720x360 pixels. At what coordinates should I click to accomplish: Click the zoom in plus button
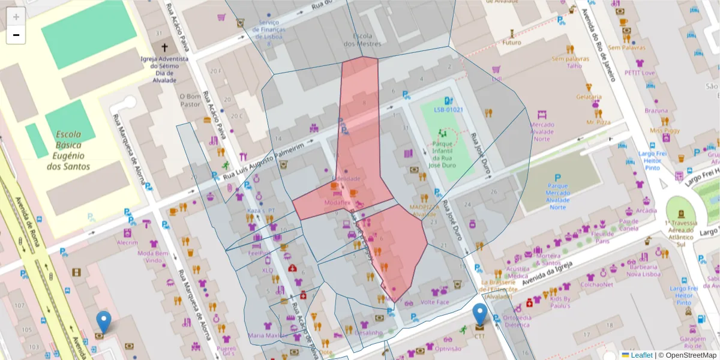(16, 17)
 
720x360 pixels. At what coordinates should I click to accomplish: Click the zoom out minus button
(16, 35)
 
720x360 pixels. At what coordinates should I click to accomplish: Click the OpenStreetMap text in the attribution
(691, 355)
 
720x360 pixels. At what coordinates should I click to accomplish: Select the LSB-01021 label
(448, 110)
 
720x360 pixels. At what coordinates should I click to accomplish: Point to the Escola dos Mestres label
(362, 40)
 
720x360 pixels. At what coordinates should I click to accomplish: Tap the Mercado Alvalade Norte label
(541, 132)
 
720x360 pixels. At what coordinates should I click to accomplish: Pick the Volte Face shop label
(435, 302)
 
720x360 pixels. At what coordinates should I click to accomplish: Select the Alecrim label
(127, 243)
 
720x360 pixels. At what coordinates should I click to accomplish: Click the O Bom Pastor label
(190, 100)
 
